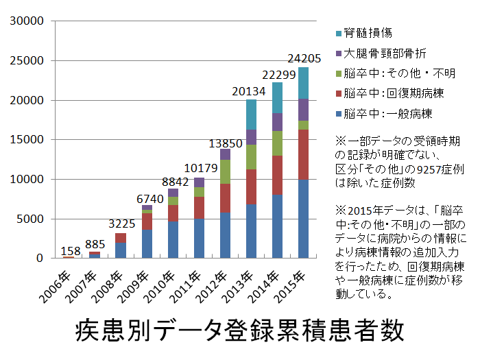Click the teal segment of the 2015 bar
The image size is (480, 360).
coord(302,83)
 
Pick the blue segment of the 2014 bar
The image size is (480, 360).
coord(278,226)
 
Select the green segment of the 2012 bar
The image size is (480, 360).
coord(225,171)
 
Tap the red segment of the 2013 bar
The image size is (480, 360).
coord(251,187)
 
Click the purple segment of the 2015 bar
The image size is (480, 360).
coord(302,110)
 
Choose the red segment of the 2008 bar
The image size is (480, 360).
coord(120,238)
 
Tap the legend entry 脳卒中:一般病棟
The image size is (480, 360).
coord(388,112)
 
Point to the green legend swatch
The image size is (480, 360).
coord(338,73)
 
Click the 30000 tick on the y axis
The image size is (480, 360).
coord(29,21)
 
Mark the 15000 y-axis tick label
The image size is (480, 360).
coord(29,140)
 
